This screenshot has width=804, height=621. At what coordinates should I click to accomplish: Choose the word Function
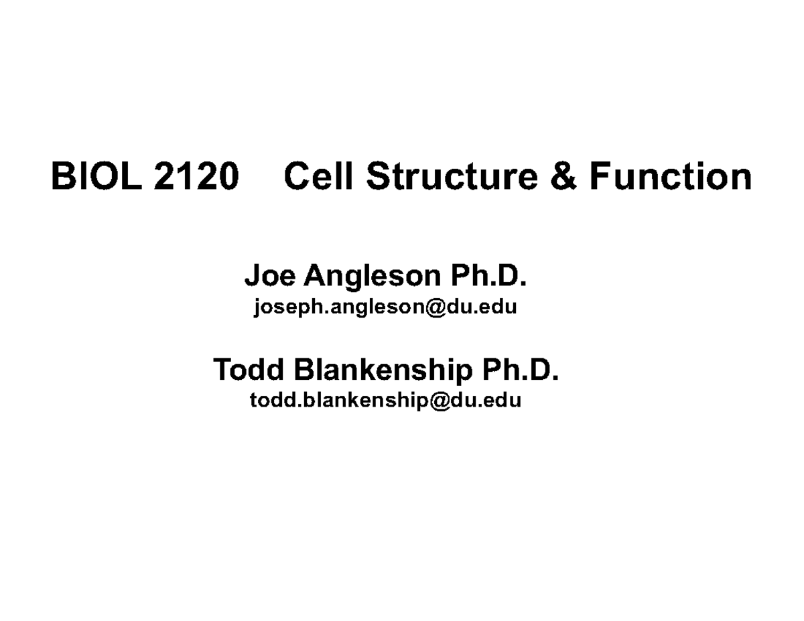click(x=671, y=178)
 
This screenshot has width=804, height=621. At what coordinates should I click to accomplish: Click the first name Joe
click(x=269, y=275)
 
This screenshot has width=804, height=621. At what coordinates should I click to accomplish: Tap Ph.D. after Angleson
click(x=488, y=275)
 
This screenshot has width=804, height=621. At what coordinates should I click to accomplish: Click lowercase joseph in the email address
click(x=279, y=308)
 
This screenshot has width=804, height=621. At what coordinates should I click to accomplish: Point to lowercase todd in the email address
click(x=268, y=400)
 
